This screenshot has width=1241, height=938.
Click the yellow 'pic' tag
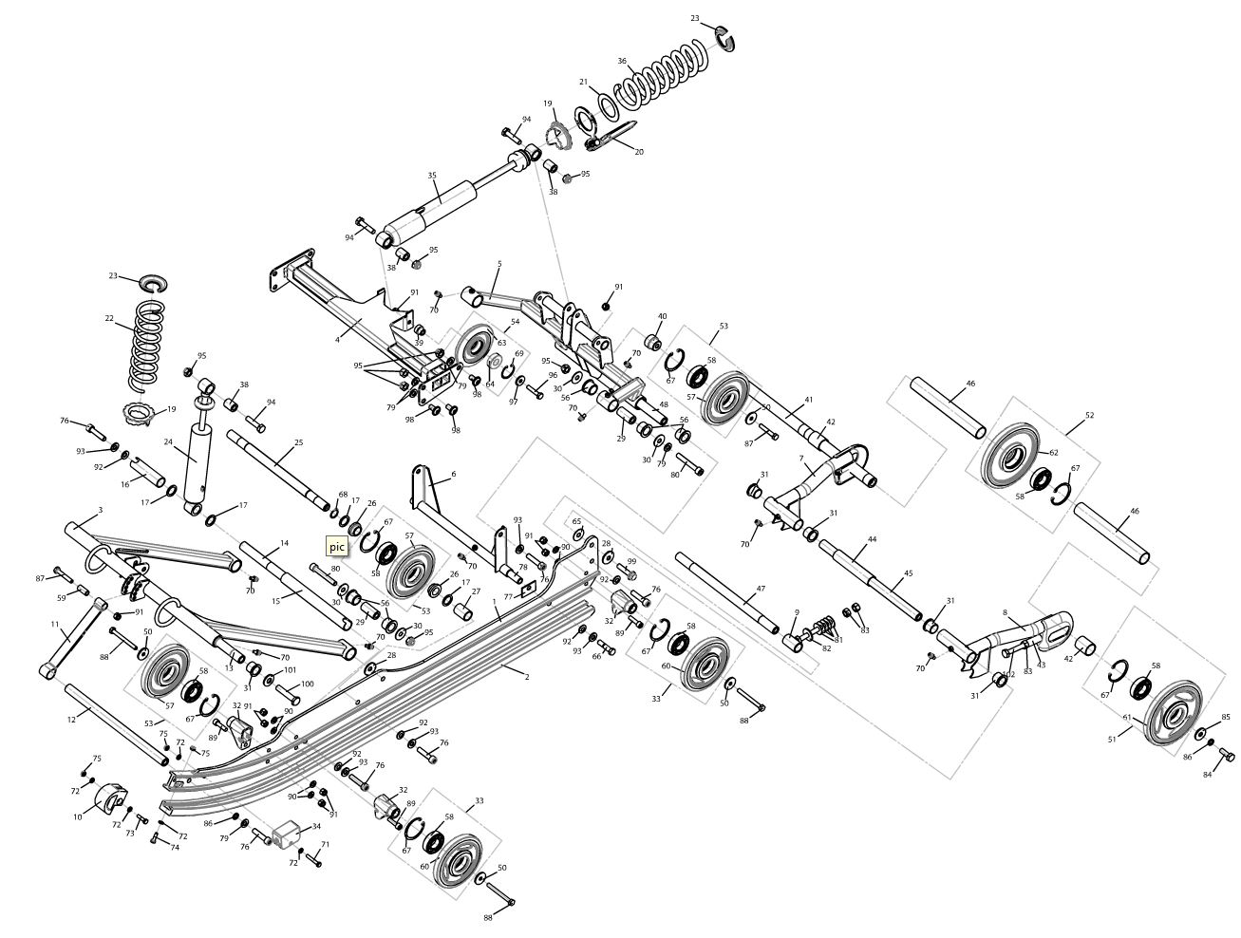(337, 546)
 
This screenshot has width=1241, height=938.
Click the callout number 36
(622, 62)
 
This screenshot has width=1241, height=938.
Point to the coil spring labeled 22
(146, 344)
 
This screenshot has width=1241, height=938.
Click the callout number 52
(1089, 416)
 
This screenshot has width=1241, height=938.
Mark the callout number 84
(1208, 776)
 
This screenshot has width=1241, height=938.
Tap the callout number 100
(307, 684)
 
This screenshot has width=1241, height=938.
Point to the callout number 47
(760, 590)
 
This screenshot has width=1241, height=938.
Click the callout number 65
(576, 521)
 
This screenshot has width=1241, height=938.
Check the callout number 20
(639, 152)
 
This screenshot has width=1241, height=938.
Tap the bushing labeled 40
(654, 339)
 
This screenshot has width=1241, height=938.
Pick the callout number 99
(631, 561)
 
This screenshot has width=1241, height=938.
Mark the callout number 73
(131, 834)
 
